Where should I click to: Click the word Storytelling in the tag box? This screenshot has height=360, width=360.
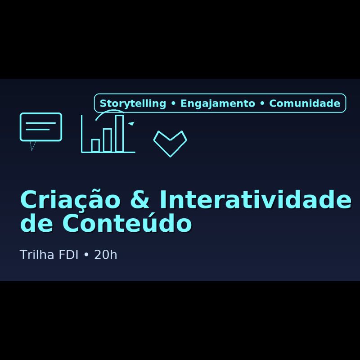pos(133,103)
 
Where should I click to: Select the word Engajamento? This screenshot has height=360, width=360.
pos(218,103)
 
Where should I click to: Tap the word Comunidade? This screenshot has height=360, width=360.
pos(305,103)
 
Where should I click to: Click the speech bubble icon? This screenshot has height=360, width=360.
pos(40,126)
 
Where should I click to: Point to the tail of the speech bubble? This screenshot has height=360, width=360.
pos(32,145)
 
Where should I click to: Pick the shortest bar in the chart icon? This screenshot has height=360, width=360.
pos(95,145)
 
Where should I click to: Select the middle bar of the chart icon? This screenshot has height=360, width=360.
pos(108,140)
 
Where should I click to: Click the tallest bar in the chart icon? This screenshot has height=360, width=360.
pos(119,133)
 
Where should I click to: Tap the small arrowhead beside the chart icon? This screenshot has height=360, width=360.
pos(131,123)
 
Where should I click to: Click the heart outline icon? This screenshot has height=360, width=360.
pos(170,143)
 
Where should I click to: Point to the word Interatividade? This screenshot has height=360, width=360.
pos(255,201)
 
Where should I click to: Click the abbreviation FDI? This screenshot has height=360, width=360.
pos(69,255)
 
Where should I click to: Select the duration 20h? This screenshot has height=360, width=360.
pos(106,255)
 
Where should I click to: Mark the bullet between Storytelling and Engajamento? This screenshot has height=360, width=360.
pos(173,104)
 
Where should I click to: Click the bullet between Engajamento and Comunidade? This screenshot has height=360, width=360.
pos(262,104)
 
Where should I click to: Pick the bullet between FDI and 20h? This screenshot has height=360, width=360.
pos(86,255)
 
